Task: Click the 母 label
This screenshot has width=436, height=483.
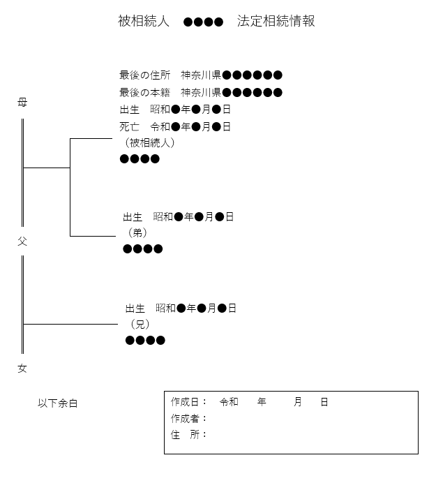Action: pos(22,102)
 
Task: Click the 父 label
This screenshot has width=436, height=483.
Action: pos(22,241)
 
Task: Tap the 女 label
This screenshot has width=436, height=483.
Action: pos(22,368)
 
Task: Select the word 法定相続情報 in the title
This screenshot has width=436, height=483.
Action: pos(276,21)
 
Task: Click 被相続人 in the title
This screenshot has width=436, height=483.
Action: pos(144,21)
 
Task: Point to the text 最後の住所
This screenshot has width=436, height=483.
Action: pos(144,75)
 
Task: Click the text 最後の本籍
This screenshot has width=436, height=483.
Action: pos(144,92)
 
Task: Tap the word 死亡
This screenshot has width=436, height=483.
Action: pos(129,126)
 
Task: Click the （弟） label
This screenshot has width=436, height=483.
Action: pos(137,232)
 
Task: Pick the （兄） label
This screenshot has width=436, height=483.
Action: pos(140,324)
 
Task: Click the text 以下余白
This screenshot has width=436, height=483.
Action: pos(58,403)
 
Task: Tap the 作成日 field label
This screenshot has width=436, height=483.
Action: pos(185,401)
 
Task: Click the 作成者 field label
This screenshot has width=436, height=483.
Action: pos(185,418)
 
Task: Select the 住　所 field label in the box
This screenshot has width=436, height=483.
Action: pos(185,435)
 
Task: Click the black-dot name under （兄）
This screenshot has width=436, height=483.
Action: pos(145,341)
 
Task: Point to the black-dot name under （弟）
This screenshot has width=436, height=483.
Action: pos(143,249)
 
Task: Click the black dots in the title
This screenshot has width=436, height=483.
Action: pos(203,22)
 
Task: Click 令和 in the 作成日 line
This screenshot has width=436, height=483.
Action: pos(229,401)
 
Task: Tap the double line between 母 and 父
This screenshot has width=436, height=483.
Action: pos(22,172)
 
